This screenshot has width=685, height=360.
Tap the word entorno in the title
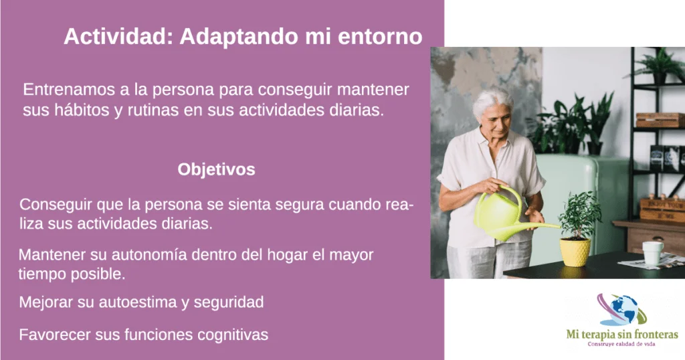pos(380,37)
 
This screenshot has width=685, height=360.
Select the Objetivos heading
pos(216,169)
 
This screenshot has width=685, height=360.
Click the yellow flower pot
pos(575,252)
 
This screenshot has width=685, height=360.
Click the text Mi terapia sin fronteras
pos(622,335)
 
